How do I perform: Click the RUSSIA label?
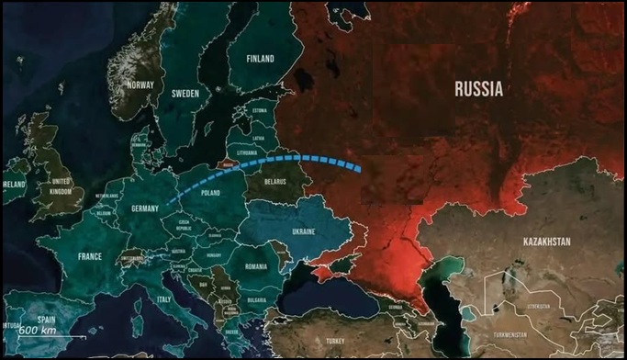click(478, 89)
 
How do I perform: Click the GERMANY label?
click(146, 208)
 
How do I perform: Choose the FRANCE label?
click(90, 256)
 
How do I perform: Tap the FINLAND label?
click(261, 59)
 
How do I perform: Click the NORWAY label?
click(141, 85)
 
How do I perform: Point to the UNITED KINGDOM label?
click(62, 186)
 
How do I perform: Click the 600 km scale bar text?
click(40, 330)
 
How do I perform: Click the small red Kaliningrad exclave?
click(223, 164)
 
